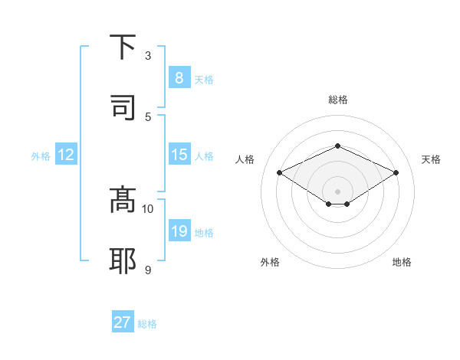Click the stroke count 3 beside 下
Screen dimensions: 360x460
point(148,56)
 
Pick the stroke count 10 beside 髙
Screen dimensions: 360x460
point(148,208)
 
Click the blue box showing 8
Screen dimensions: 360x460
point(179,78)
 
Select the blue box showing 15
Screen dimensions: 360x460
point(179,155)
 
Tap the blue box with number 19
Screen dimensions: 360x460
point(179,231)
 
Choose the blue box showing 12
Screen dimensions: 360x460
point(65,155)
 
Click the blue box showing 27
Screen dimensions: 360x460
point(123,322)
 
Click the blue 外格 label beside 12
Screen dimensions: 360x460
point(41,155)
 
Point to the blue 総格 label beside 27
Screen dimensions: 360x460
point(147,324)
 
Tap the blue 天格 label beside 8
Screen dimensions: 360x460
point(204,79)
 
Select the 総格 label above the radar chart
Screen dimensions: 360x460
point(337,100)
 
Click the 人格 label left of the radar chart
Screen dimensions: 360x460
point(245,159)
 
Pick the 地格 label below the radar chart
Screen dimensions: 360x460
point(402,262)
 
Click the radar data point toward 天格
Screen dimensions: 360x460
point(396,173)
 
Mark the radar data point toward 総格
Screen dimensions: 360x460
point(337,146)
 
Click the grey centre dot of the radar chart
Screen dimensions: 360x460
point(337,191)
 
